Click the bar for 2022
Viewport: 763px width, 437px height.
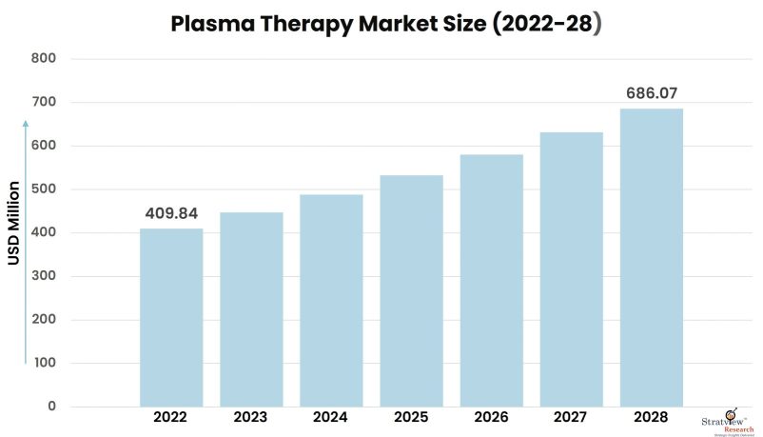171,317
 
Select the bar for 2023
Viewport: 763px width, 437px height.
251,309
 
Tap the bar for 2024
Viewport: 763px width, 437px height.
331,300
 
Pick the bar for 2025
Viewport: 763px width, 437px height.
411,290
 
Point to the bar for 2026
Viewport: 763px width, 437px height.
491,280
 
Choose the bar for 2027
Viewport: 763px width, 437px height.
571,269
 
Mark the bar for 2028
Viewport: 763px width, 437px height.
651,257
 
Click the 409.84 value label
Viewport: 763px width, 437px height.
171,213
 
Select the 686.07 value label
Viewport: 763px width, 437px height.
651,93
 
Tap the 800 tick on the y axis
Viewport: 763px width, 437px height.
45,59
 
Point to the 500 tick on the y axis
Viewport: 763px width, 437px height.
45,189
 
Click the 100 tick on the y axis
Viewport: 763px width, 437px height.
45,364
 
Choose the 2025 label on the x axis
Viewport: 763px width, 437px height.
411,418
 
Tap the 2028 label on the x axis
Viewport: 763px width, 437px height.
651,418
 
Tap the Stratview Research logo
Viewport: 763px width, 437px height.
732,420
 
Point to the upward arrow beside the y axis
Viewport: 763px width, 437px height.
26,238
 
